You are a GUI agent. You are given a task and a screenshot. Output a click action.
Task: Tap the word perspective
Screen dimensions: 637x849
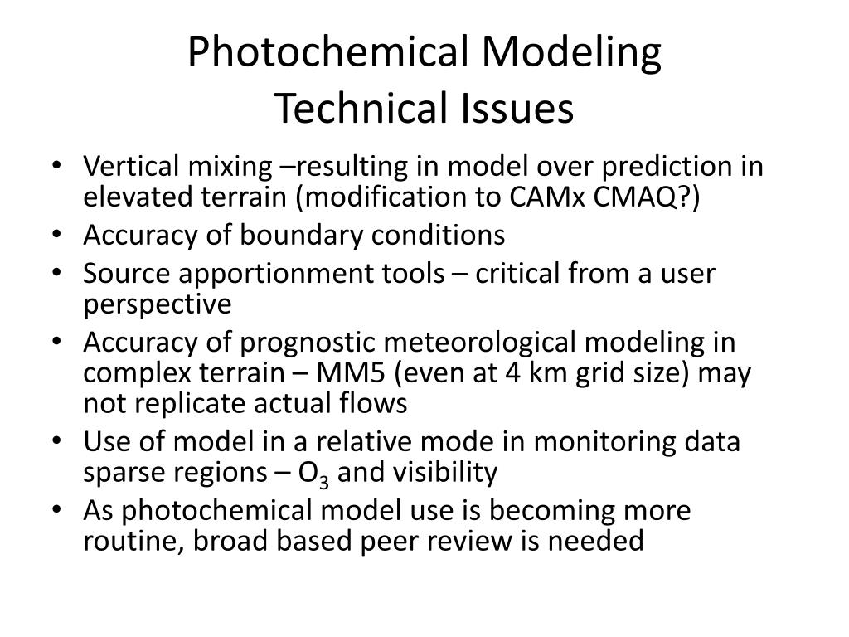click(158, 304)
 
